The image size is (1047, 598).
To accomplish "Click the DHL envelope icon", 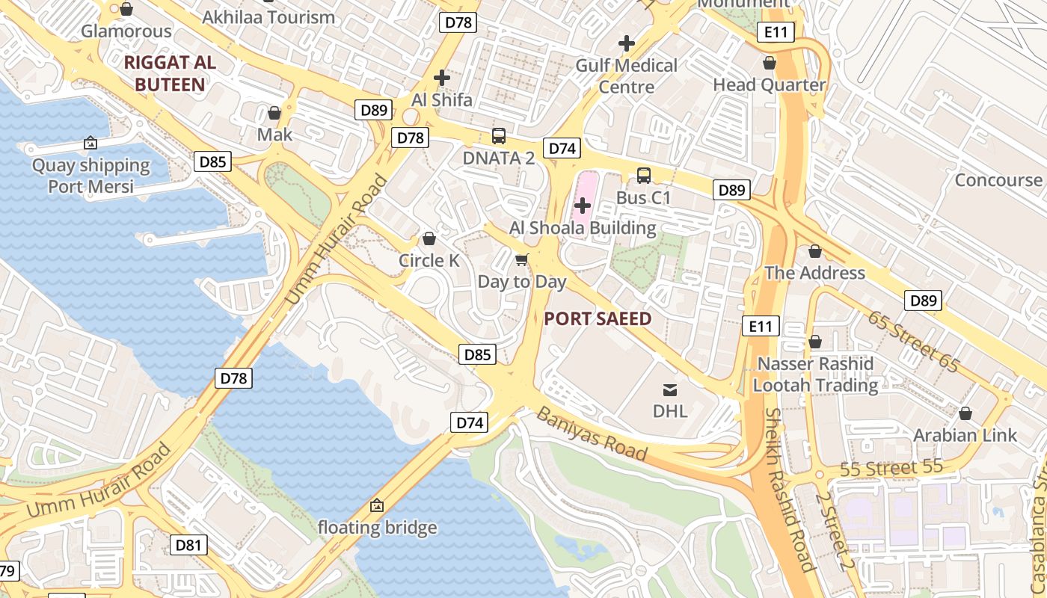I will coord(669,389).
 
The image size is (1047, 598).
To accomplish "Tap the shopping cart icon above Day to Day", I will coord(522,260).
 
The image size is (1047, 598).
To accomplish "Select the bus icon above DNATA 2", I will coord(499,136).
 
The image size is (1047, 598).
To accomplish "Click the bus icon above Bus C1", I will coord(643,176).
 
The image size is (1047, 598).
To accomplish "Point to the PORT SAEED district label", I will coord(598,319).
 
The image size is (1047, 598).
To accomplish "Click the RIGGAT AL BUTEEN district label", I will coord(170,73).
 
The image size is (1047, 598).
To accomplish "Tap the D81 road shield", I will coord(188,545).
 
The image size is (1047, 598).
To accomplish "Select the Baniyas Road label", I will coord(592,434).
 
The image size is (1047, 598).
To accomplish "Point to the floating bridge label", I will coord(377,527).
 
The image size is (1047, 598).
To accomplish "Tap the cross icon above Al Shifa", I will coord(442,77).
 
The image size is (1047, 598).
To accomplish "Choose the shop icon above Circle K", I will coord(429,239).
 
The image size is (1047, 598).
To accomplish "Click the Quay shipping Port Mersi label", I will coord(90,176).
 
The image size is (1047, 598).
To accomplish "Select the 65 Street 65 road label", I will coord(913,341).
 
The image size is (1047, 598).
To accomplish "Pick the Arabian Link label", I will coord(965,435).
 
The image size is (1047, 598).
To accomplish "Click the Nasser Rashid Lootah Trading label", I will coord(815,374).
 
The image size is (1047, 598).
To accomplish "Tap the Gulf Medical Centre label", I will coord(627,76).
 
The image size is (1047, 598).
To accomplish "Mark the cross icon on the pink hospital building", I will coord(582,205).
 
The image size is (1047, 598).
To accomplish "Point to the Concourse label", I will coord(998,180).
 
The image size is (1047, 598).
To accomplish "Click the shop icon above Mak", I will coord(274,113).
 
